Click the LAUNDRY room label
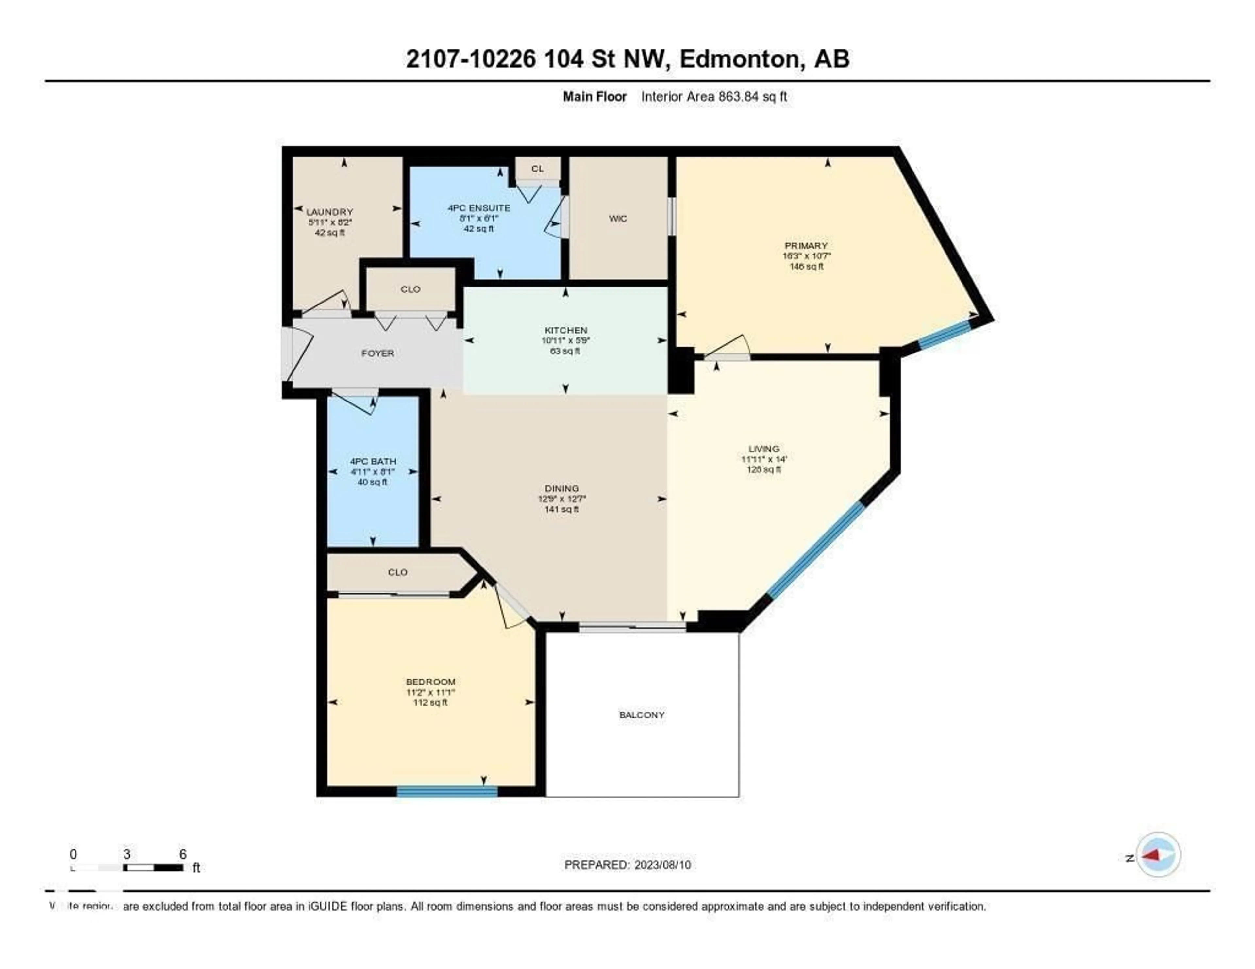[329, 212]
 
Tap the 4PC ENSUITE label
[479, 208]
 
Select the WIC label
[618, 218]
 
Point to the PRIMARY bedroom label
[806, 246]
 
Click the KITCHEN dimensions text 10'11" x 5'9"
[565, 340]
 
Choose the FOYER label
[377, 353]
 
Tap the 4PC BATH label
[373, 461]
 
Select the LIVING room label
[764, 449]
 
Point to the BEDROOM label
[430, 682]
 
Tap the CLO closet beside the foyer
[410, 289]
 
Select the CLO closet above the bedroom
[398, 572]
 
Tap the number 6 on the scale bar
[183, 854]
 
